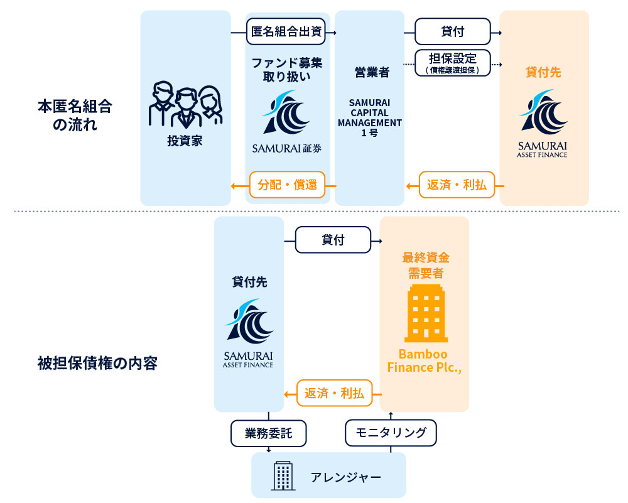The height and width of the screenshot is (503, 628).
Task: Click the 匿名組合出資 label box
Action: click(x=287, y=32)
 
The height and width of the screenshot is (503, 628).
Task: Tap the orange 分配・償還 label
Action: click(x=287, y=185)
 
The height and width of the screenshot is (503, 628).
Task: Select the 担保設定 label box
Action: click(x=453, y=63)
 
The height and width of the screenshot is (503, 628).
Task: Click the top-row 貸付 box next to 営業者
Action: click(x=453, y=32)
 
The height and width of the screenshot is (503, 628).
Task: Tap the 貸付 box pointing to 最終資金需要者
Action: click(x=333, y=240)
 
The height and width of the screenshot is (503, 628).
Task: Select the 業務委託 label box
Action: click(x=268, y=433)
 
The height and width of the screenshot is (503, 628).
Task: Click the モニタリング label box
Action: click(x=391, y=433)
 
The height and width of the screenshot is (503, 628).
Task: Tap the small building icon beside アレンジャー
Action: click(x=283, y=475)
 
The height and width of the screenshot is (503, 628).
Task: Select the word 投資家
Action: click(x=185, y=141)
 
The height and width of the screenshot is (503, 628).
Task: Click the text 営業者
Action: click(x=369, y=72)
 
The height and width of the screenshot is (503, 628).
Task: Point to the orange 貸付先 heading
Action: click(x=543, y=72)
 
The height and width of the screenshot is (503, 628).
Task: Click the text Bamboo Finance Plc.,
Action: click(x=425, y=360)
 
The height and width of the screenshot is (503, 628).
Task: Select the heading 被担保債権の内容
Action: click(x=97, y=363)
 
